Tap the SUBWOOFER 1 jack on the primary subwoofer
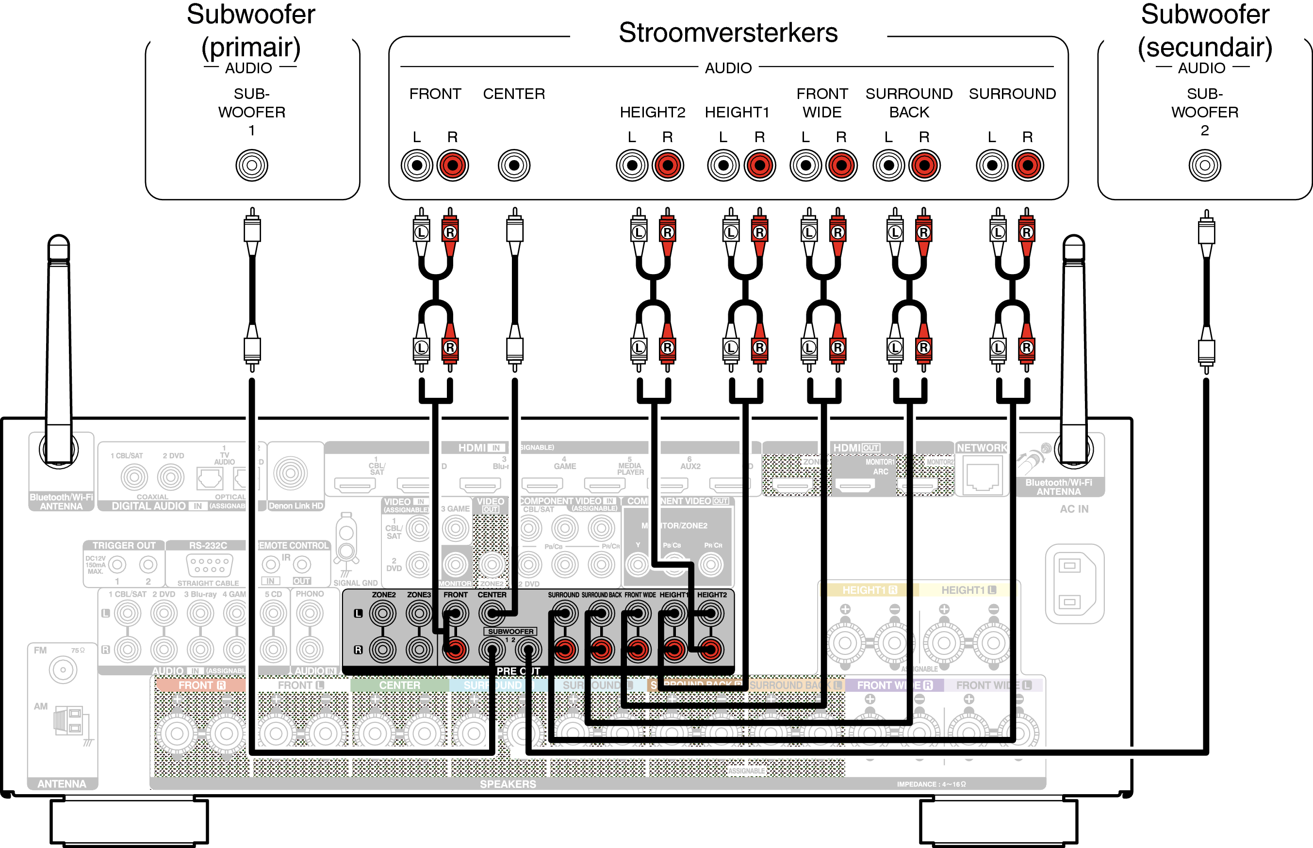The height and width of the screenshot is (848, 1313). point(252,165)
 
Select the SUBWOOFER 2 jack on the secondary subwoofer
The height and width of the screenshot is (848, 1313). point(1204,165)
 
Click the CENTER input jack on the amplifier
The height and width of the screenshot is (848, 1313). point(514,165)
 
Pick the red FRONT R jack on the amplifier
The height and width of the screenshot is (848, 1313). point(453,165)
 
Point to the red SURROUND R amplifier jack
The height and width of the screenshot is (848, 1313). point(1028,165)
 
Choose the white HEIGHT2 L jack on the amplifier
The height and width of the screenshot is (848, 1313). point(632,165)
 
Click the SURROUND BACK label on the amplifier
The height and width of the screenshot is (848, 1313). point(909,103)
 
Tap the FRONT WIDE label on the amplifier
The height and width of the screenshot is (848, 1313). point(822,103)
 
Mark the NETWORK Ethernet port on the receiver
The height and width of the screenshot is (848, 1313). point(983,477)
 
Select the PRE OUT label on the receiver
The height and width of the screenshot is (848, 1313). point(518,671)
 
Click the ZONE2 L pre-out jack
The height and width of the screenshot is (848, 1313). point(383,613)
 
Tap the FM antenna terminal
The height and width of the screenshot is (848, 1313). point(63,670)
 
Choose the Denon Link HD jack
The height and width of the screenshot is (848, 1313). point(291,473)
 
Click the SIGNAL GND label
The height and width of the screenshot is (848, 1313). point(355,583)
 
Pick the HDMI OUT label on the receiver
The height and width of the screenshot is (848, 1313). point(856,448)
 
